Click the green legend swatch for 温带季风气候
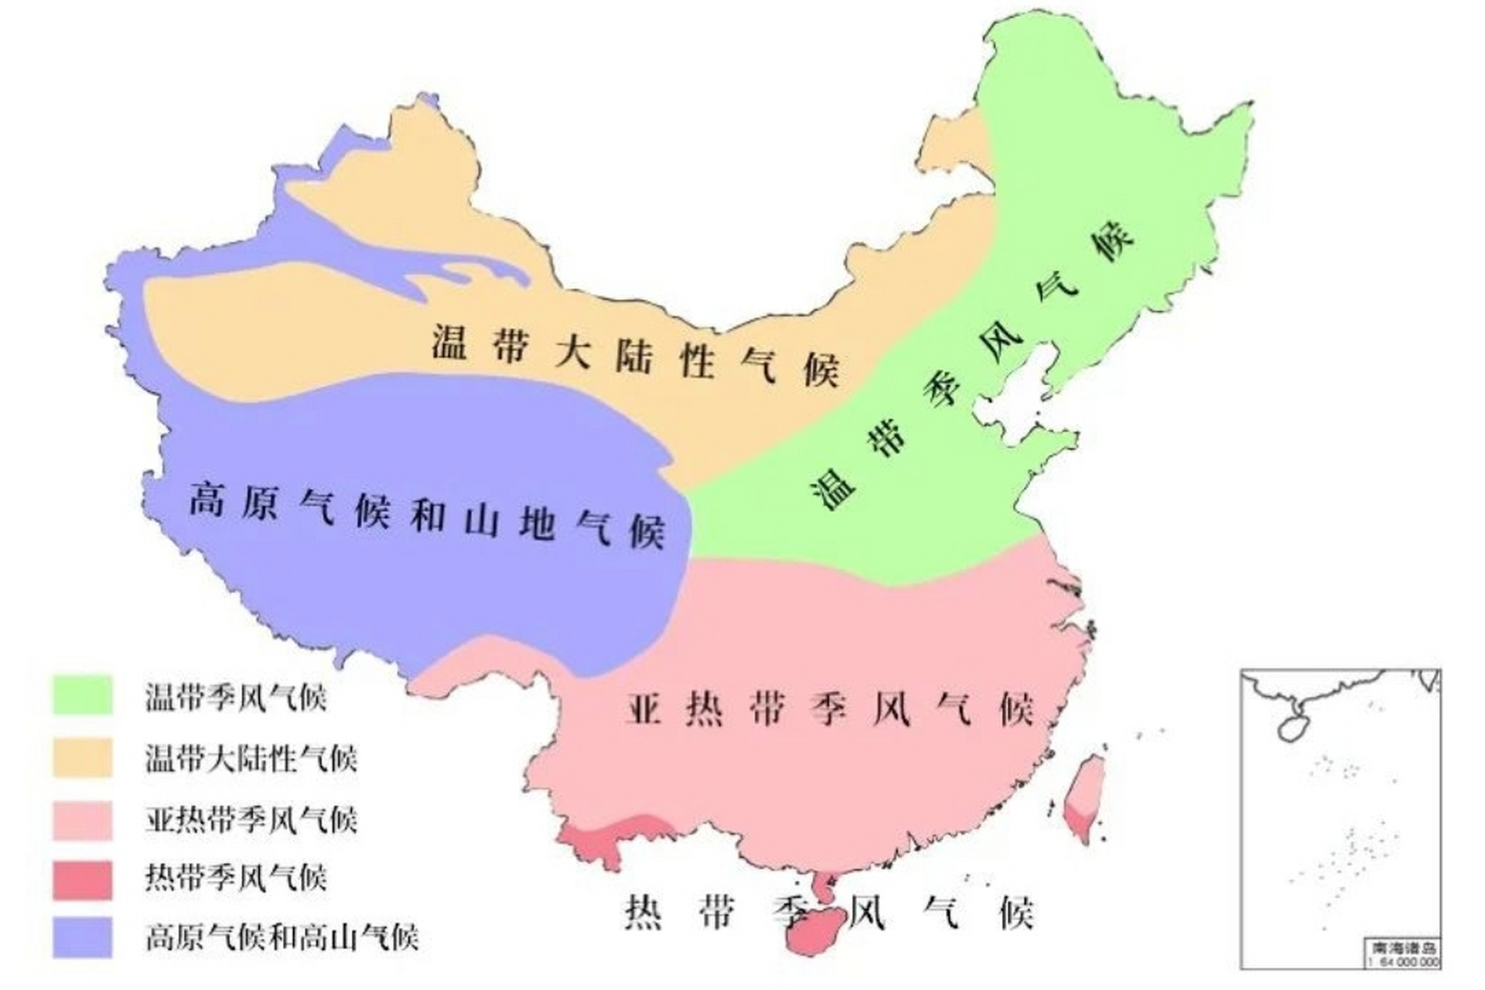pos(83,695)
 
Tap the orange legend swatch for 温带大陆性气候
pos(83,757)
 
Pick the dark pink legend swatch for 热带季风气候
pos(83,879)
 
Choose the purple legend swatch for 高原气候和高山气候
pos(83,937)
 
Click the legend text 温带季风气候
pos(236,697)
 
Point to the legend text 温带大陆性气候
pos(251,759)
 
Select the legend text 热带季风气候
pos(236,879)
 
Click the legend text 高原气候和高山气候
pos(282,938)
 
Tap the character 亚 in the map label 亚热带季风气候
pos(643,708)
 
